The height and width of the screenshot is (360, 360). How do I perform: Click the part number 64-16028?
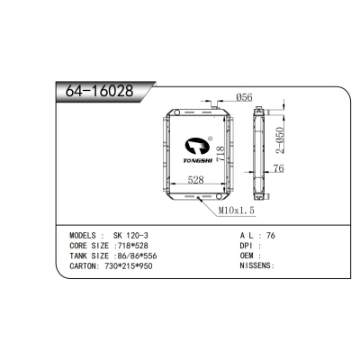[95, 92]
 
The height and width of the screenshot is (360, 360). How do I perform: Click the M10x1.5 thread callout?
[237, 210]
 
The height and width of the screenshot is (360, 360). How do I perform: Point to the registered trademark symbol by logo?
[210, 139]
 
